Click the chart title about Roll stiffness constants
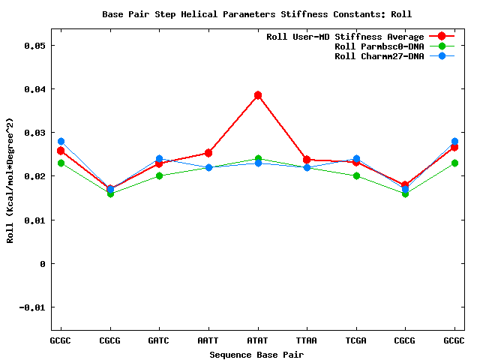(256, 14)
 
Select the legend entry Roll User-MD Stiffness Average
(345, 37)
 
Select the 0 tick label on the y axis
(43, 264)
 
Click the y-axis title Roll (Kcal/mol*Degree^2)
(10, 180)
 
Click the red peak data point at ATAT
(257, 95)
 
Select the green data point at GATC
(159, 176)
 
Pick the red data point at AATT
(208, 153)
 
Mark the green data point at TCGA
(356, 176)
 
